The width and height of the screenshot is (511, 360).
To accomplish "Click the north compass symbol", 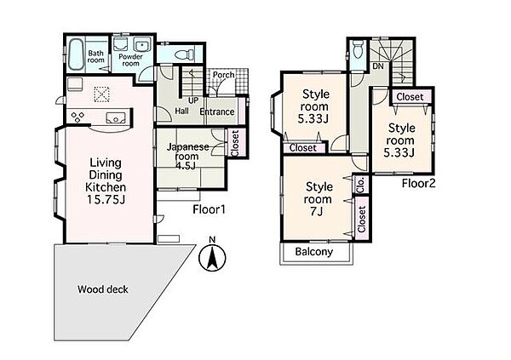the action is [x=212, y=257].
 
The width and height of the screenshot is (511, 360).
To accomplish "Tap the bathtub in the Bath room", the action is [x=77, y=54].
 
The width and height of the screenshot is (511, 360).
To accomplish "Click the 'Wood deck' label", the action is [x=103, y=289].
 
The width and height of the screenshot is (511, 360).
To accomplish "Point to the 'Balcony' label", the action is [x=313, y=252].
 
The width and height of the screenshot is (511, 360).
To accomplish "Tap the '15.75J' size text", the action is [x=106, y=199].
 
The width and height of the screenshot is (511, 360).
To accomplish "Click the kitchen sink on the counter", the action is [x=116, y=117].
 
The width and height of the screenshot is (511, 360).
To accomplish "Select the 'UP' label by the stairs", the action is [x=193, y=100].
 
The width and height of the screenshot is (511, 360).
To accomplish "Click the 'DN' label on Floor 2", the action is [x=378, y=66].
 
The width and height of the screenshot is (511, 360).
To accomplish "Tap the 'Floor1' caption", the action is [x=209, y=209].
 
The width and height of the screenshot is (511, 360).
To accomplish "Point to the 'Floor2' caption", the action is [x=418, y=183].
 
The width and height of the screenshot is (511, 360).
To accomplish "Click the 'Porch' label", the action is [x=223, y=75].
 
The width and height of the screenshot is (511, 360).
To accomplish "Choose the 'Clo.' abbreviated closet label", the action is [x=361, y=185].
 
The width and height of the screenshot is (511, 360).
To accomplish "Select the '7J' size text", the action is [x=316, y=211].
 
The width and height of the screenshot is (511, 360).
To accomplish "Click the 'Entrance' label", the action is [x=217, y=111].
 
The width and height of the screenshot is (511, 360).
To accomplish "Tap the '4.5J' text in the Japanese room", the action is [x=186, y=165].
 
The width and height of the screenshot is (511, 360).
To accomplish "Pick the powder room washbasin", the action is [x=141, y=46].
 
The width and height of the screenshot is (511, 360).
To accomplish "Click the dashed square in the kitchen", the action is [x=102, y=94].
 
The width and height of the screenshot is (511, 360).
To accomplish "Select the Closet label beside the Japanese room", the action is [x=235, y=143].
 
